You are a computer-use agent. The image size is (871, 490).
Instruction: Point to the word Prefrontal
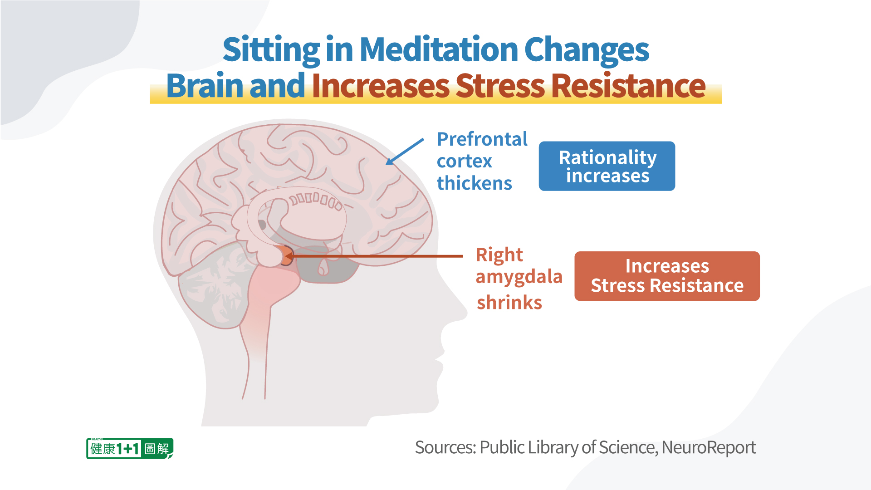click(482, 139)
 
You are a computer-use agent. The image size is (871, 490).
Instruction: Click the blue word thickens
click(474, 183)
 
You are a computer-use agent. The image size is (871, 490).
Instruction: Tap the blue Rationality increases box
click(607, 166)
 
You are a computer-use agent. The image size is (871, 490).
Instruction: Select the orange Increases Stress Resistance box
click(667, 276)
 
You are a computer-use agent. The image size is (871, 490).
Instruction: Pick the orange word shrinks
click(509, 302)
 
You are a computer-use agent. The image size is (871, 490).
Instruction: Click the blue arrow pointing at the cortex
click(405, 152)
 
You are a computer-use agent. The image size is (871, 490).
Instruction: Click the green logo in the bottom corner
click(130, 449)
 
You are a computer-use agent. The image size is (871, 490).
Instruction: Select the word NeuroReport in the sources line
click(709, 448)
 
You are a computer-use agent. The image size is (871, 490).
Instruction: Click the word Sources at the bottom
click(445, 448)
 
